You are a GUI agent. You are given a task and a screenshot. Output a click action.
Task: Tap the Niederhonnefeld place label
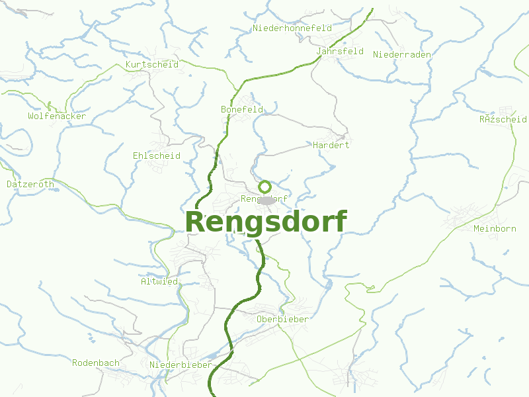[x=292, y=28]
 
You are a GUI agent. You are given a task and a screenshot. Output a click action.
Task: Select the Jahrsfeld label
[x=340, y=51]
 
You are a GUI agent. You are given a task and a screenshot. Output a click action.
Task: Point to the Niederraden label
[x=402, y=54]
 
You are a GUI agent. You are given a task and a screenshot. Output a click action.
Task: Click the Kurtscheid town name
[x=151, y=65]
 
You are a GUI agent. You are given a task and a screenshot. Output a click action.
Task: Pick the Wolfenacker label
[x=57, y=116]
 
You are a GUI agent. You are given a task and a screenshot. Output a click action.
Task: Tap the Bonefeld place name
[x=242, y=109]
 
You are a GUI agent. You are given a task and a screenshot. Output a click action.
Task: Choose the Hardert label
[x=331, y=145]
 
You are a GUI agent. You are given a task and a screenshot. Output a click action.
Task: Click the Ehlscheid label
[x=157, y=155]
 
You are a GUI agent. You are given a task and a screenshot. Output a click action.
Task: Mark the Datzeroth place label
[x=30, y=184]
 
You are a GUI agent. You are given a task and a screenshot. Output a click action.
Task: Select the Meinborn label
[x=495, y=228]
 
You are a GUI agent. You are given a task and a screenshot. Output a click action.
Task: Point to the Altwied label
[x=159, y=281]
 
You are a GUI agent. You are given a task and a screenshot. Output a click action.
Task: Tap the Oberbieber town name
[x=282, y=319]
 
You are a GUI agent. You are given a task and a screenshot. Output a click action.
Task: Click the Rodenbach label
[x=96, y=363]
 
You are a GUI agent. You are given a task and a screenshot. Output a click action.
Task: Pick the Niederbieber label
[x=181, y=365]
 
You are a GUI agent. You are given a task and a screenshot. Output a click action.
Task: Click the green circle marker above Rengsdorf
[x=264, y=187]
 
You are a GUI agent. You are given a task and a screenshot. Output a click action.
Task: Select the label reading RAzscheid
[x=503, y=120]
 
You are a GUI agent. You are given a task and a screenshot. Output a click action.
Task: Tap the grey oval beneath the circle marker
[x=266, y=200]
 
